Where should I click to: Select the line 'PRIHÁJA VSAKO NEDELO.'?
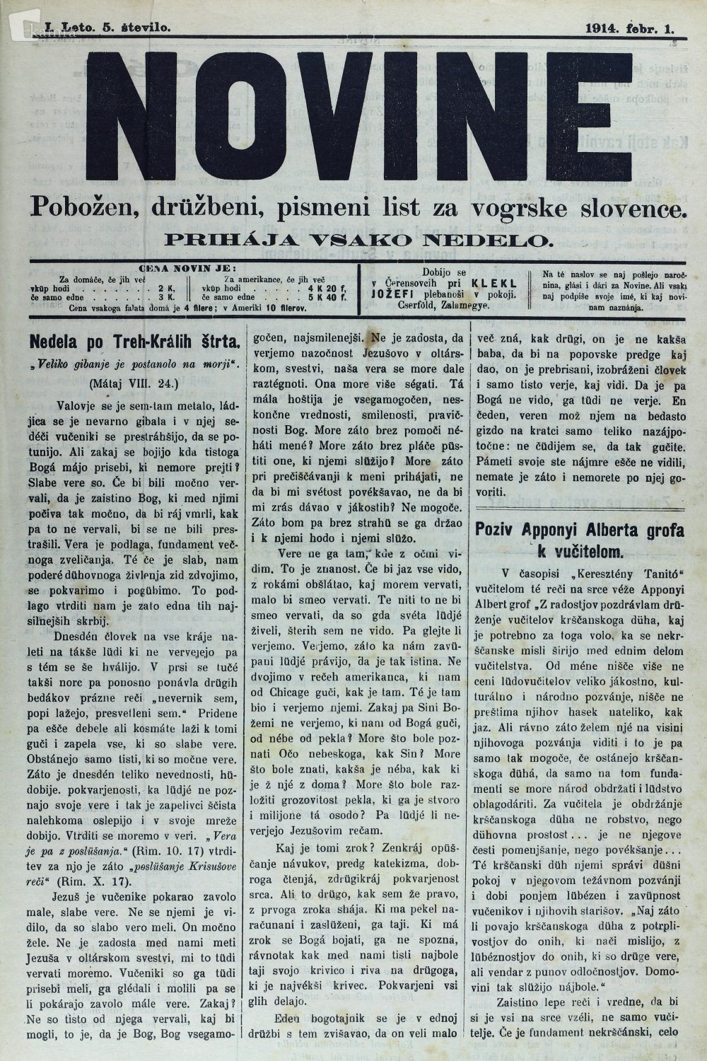[358, 239]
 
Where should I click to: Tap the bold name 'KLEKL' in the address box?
[503, 282]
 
